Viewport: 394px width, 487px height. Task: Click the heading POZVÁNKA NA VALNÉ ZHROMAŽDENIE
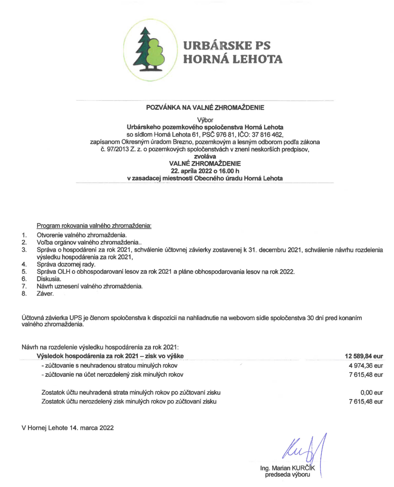coord(205,107)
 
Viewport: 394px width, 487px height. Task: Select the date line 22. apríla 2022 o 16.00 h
coord(205,171)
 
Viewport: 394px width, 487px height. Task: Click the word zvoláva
coord(205,157)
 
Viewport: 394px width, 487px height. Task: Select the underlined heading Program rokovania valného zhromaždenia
coord(94,226)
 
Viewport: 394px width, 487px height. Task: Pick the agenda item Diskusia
coord(48,279)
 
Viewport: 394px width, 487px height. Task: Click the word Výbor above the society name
coord(205,120)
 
